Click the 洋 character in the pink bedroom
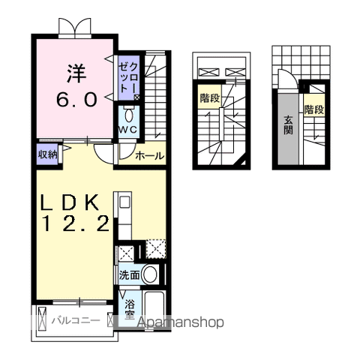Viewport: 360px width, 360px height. coord(76,73)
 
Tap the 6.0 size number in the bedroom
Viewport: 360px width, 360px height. coord(76,99)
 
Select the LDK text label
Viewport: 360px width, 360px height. coord(70,202)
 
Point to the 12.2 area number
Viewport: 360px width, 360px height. coord(76,223)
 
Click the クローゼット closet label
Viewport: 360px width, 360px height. coord(128,77)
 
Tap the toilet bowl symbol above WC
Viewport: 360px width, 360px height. coord(129,115)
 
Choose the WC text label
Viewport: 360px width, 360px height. coord(127,130)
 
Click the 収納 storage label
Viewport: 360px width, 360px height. coord(47,154)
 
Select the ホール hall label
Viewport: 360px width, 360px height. coord(149,156)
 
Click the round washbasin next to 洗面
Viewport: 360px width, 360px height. coord(150,274)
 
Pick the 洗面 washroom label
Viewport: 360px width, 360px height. coord(129,275)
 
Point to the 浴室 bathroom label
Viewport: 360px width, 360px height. coord(130,310)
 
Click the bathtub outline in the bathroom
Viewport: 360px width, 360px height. coord(155,309)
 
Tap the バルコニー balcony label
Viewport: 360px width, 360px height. coord(76,320)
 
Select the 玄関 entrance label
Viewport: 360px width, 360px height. coord(288,125)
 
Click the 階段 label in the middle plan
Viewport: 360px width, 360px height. coord(209,98)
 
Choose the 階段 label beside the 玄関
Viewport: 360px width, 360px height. coord(314,109)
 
